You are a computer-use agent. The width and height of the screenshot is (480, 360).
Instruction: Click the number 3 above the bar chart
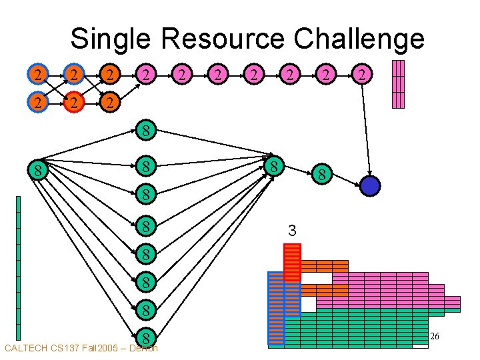[x=291, y=231]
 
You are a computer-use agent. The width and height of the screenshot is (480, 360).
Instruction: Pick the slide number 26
[x=434, y=337]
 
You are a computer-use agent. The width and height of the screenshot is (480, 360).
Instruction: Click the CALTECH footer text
[x=27, y=348]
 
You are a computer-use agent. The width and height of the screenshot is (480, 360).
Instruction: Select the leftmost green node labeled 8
[x=39, y=171]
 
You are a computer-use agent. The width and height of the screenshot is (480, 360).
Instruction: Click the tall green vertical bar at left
[x=18, y=267]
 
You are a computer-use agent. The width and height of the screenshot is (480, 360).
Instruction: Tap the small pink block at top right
[x=398, y=83]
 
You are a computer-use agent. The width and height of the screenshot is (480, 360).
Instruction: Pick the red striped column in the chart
[x=292, y=262]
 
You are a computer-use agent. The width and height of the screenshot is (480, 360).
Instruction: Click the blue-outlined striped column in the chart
[x=275, y=308]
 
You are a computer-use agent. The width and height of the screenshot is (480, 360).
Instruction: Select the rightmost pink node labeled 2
[x=361, y=74]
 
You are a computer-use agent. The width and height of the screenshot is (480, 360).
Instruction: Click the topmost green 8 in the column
[x=146, y=129]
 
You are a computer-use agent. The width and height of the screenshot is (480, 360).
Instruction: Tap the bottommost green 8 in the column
[x=146, y=337]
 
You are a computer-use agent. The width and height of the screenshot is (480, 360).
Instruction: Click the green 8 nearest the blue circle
[x=321, y=175]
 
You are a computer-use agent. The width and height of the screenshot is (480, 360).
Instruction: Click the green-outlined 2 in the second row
[x=111, y=103]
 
